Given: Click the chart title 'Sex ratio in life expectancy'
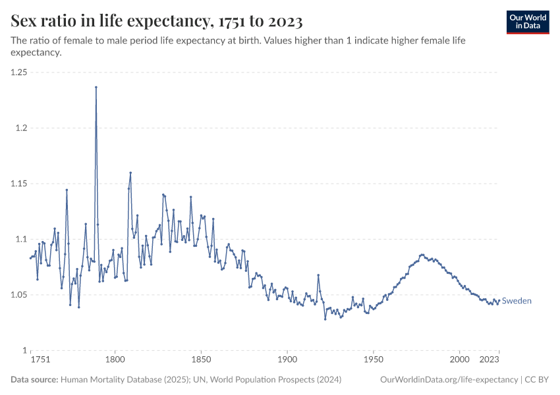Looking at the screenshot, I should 157,21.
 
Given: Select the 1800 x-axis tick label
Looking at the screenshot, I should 115,360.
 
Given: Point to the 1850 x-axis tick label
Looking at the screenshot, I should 201,360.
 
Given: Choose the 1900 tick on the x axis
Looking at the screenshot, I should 287,360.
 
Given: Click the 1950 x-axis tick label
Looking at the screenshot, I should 374,360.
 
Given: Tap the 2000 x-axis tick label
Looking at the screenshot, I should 459,360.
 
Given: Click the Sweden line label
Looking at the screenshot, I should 517,301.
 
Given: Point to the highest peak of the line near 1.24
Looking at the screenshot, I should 96,87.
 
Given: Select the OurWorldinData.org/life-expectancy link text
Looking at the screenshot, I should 449,380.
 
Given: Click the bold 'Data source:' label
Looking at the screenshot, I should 34,380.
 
